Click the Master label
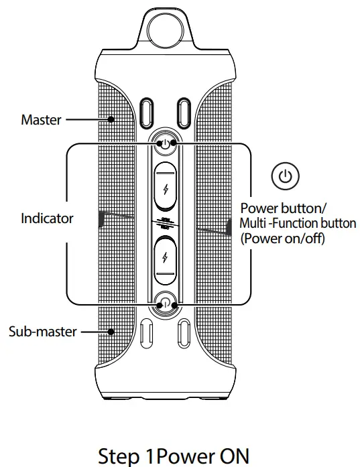[40, 120]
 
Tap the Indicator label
[47, 218]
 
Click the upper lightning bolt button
[165, 187]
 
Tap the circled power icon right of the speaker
[285, 176]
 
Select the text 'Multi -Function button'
[298, 222]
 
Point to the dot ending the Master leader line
[112, 121]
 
